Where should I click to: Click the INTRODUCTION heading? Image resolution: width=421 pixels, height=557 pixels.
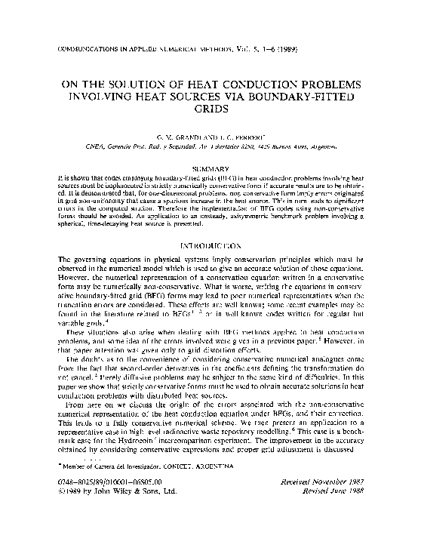click(210, 246)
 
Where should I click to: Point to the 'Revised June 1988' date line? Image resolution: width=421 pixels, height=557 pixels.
click(336, 531)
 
